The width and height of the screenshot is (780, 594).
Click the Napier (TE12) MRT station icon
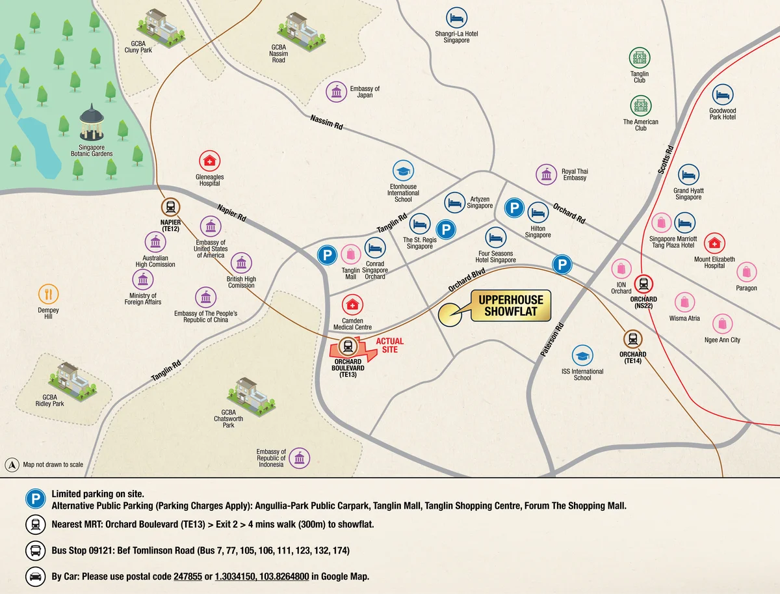point(170,207)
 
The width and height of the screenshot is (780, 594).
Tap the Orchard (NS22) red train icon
point(643,284)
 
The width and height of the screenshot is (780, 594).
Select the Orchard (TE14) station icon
point(632,338)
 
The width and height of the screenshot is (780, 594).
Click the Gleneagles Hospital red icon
point(209,160)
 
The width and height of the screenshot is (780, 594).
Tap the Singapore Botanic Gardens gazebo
point(92,124)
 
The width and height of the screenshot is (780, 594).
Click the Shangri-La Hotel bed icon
point(456,17)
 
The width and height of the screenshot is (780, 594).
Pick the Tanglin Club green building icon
point(639,57)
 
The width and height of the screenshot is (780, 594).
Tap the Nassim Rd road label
point(326,123)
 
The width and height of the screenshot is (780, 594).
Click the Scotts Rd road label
point(668,158)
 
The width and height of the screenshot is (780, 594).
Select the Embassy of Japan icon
point(336,92)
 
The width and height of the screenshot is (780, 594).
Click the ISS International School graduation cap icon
point(582,355)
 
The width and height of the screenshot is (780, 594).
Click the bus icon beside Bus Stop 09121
point(34,550)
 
